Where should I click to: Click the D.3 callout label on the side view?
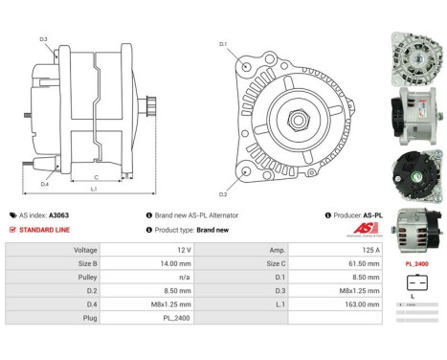[44, 39]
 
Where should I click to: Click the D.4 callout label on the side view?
[45, 183]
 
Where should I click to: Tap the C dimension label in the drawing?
[96, 178]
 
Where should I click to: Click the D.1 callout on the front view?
[222, 44]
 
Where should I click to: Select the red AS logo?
[366, 227]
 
